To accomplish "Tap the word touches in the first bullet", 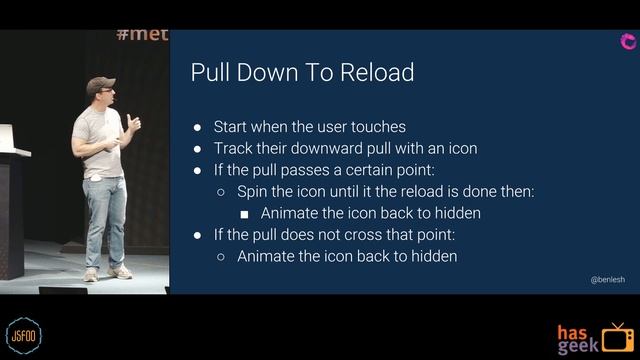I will pos(378,127).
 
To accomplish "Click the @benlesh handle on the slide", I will pos(607,281).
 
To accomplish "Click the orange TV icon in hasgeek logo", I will pos(617,338).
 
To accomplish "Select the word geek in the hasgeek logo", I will pos(579,345).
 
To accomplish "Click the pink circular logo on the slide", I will pos(628,41).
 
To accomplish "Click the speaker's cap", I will pos(99,84).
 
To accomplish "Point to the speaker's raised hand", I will pos(133,122).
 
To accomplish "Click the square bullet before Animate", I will pos(244,213).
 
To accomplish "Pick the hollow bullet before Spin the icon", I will pos(221,191).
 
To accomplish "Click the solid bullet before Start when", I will pos(198,127).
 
